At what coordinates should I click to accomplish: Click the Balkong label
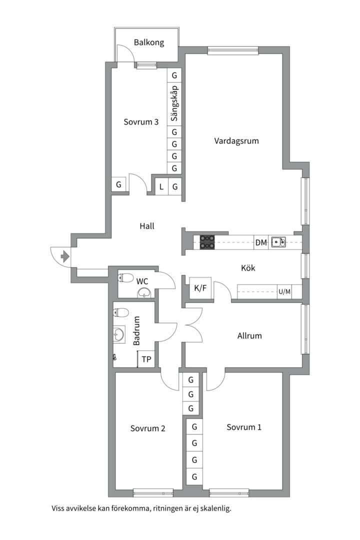click(149, 42)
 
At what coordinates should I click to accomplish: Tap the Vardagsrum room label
click(236, 141)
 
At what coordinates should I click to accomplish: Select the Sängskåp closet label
click(174, 103)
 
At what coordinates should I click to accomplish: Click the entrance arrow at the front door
click(65, 256)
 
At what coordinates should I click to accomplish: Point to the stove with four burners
click(207, 242)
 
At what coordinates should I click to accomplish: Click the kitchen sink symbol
click(277, 242)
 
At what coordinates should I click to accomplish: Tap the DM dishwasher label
click(261, 243)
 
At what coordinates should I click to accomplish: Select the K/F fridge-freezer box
click(200, 288)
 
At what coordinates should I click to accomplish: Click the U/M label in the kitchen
click(284, 292)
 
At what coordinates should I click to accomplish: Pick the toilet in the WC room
click(126, 277)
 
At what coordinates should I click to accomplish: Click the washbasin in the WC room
click(144, 293)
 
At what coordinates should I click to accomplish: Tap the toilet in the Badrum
click(120, 312)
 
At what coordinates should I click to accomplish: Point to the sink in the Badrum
click(119, 334)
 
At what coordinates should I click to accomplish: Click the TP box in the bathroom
click(146, 359)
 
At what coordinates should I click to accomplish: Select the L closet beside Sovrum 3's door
click(161, 187)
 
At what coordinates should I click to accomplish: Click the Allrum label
click(249, 336)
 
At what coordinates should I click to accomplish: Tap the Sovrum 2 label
click(148, 428)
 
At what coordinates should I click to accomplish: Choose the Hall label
click(147, 226)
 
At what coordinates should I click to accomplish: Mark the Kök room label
click(248, 268)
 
